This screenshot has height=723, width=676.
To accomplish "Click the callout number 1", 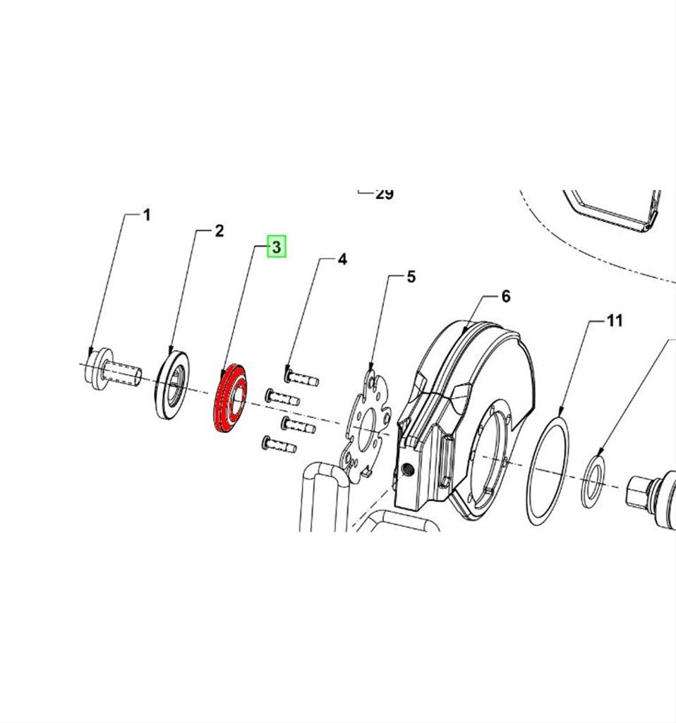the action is click(x=147, y=215).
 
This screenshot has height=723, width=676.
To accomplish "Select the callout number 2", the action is click(x=219, y=231).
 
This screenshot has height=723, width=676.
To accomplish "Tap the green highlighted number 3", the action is click(x=277, y=246).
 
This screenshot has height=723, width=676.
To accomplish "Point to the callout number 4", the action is click(x=342, y=259).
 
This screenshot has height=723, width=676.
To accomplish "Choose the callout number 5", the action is click(x=411, y=277).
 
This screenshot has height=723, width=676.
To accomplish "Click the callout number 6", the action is click(x=505, y=296).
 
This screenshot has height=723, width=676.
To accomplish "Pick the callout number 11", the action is click(x=615, y=320).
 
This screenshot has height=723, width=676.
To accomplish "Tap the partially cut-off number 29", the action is click(x=385, y=194).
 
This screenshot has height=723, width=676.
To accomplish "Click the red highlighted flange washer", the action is click(x=230, y=398).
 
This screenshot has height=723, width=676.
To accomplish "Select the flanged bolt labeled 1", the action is click(x=112, y=370).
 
